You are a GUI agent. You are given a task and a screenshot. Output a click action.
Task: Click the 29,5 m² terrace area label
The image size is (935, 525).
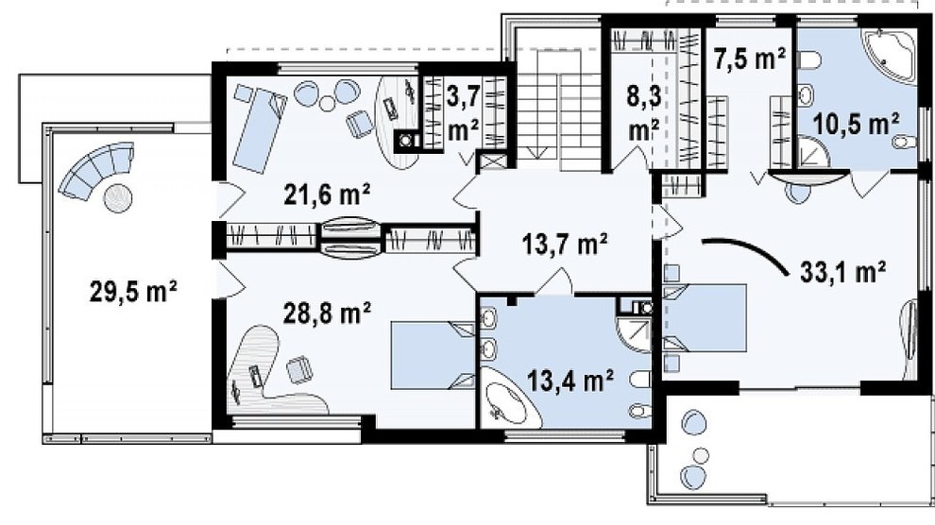pos(133,292)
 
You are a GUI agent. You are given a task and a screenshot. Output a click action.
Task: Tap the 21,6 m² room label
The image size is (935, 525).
pos(327,195)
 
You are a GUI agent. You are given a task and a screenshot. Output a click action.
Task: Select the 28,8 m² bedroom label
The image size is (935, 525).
pos(327,313)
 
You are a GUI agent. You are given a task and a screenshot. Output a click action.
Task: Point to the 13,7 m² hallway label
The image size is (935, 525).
pos(565,244)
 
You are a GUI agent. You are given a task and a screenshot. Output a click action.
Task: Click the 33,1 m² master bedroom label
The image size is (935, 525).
pos(842,272)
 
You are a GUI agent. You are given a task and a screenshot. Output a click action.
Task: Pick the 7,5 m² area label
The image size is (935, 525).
pos(750,59)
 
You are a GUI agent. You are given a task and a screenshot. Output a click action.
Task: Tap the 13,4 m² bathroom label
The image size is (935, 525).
pos(570,380)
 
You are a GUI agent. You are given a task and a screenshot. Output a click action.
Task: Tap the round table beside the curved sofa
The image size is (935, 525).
pos(117,197)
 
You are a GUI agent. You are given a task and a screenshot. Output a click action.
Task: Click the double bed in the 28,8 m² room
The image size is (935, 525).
pos(433,355)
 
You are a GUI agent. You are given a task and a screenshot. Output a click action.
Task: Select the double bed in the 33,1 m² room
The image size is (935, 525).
pos(705,318)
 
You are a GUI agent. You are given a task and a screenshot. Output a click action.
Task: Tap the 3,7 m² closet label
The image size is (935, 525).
pos(463,112)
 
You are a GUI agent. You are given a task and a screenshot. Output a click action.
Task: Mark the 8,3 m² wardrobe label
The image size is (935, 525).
pos(643,112)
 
